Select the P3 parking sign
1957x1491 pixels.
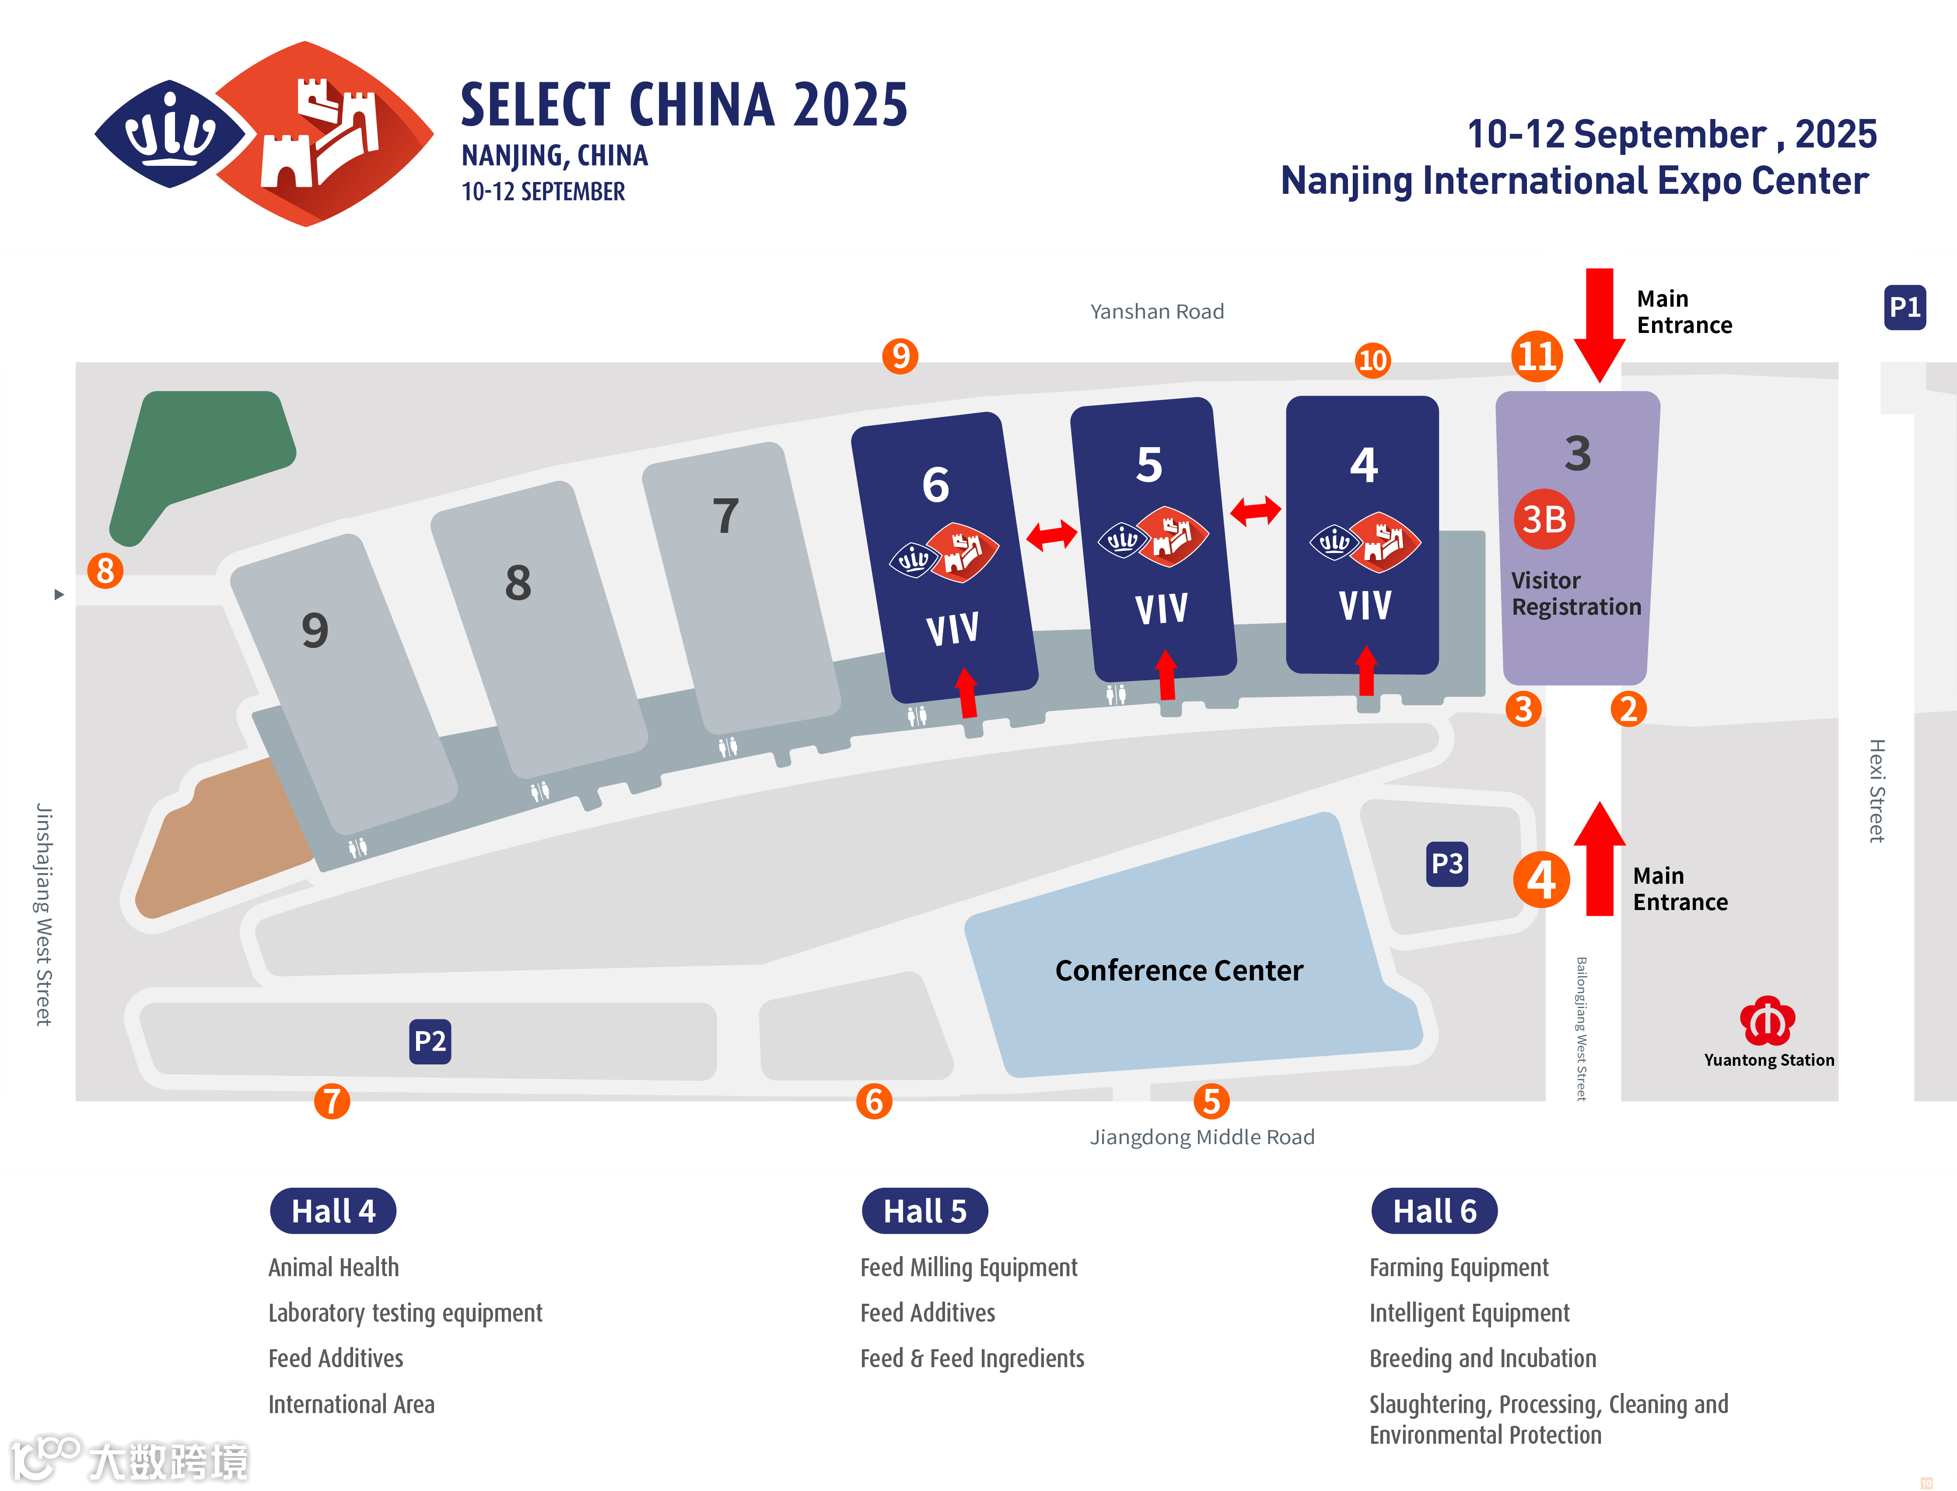pyautogui.click(x=1447, y=864)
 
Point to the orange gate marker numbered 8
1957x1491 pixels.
pyautogui.click(x=105, y=570)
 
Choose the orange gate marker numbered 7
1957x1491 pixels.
pyautogui.click(x=332, y=1101)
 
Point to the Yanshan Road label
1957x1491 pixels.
pyautogui.click(x=1156, y=311)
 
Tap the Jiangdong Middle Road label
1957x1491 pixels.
pyautogui.click(x=1202, y=1137)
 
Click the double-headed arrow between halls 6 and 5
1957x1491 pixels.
pyautogui.click(x=1052, y=534)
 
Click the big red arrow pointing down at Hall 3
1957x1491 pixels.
pyautogui.click(x=1599, y=324)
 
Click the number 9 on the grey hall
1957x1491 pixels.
pyautogui.click(x=315, y=630)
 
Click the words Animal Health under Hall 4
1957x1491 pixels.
pyautogui.click(x=334, y=1267)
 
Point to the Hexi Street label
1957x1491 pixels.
pyautogui.click(x=1876, y=790)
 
